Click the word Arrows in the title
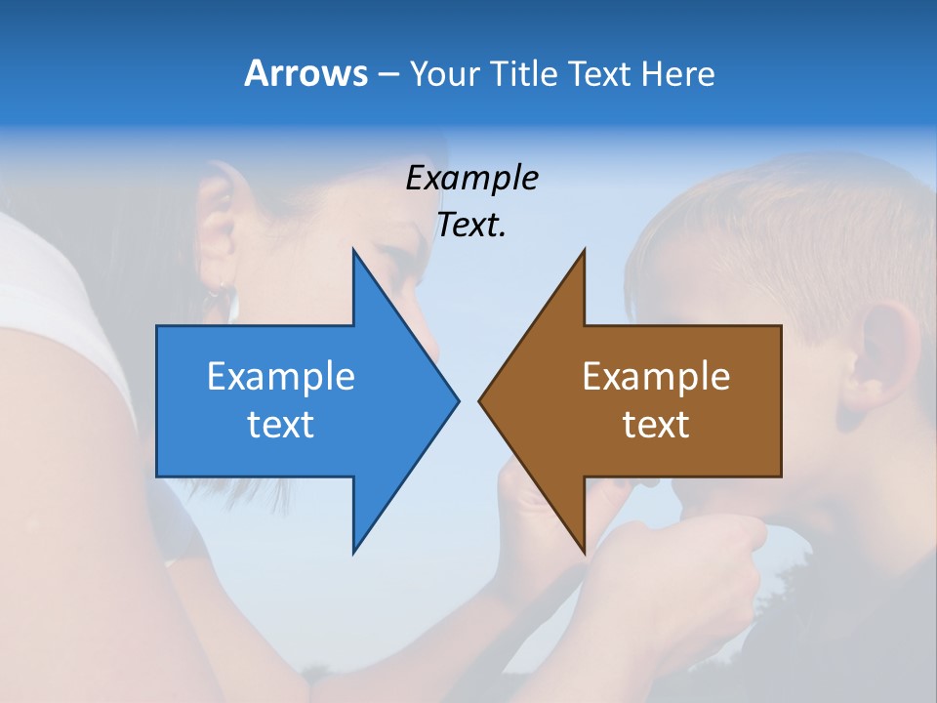click(x=306, y=73)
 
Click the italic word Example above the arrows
click(x=471, y=179)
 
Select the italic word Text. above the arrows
click(x=471, y=226)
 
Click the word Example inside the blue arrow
click(x=281, y=376)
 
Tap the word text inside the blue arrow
click(x=281, y=424)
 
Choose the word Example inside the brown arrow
click(x=656, y=376)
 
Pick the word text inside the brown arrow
click(x=656, y=424)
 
